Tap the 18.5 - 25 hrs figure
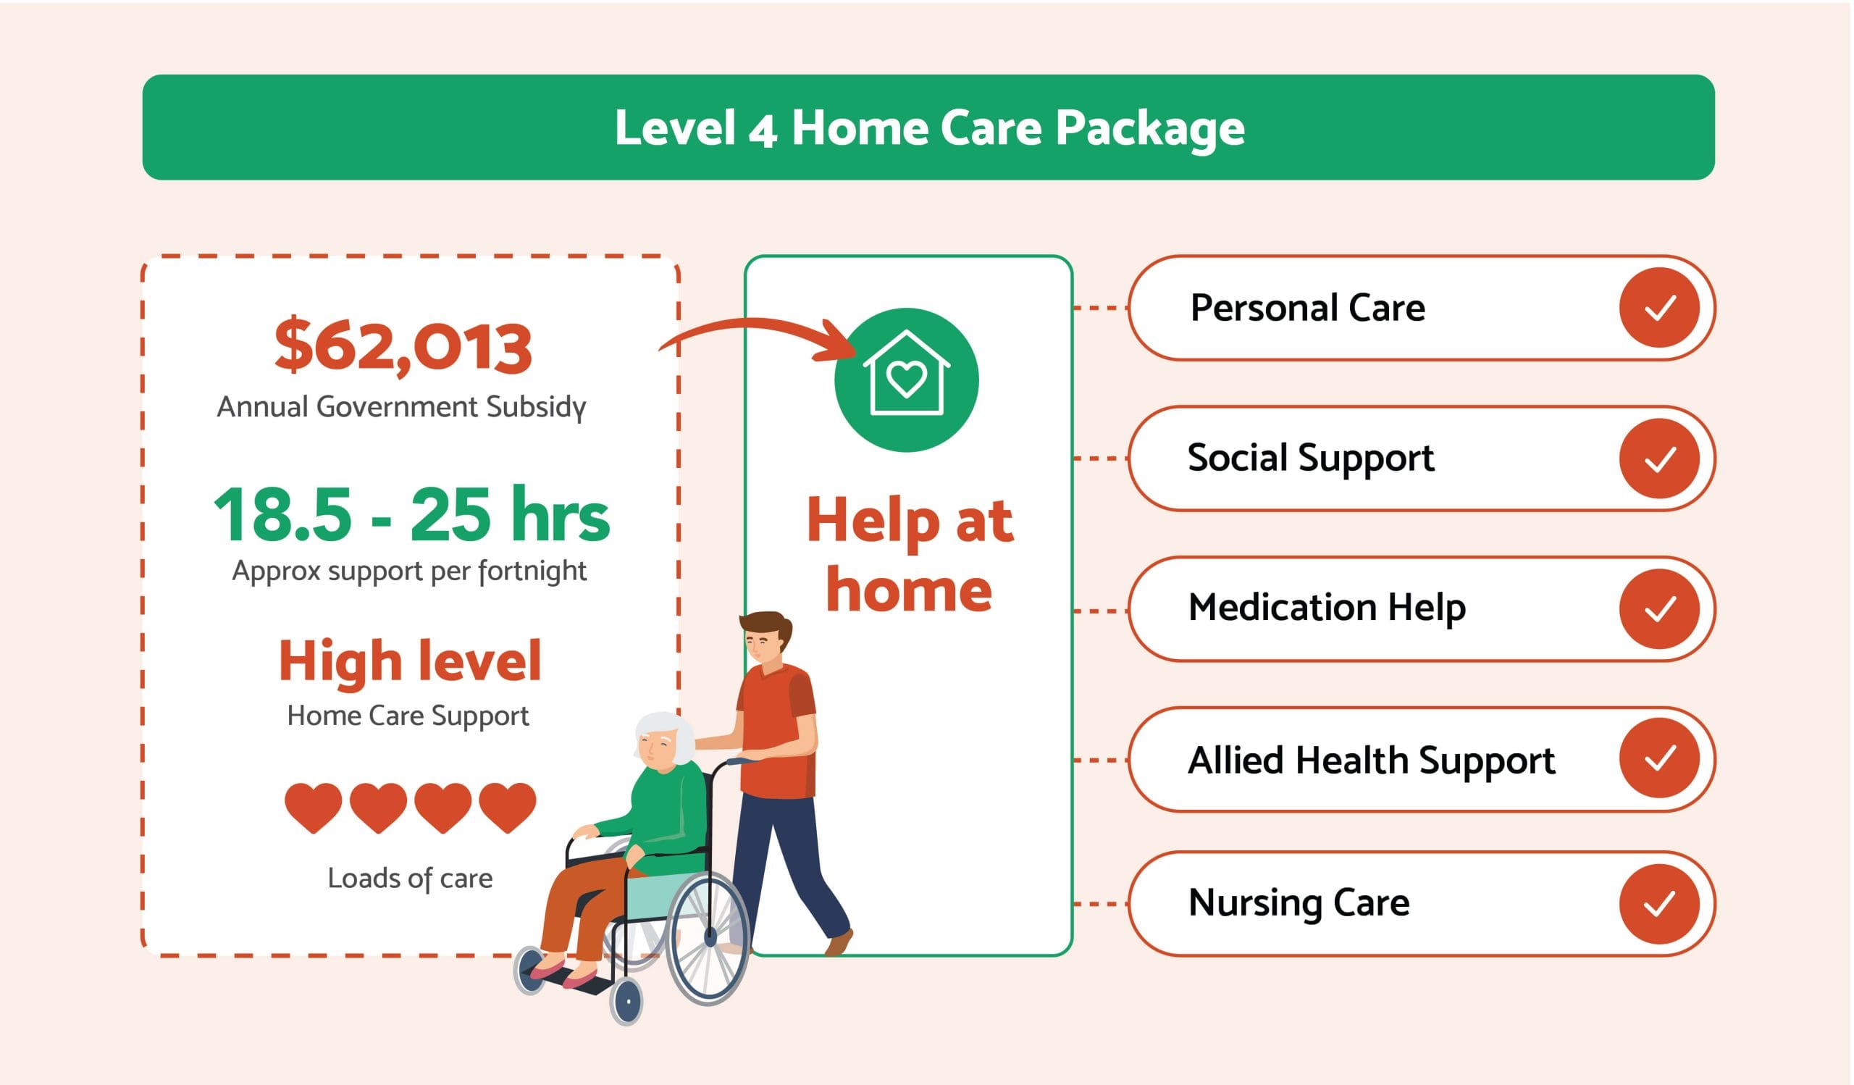point(411,515)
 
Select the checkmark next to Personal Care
point(1659,308)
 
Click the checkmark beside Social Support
point(1659,459)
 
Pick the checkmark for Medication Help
point(1659,609)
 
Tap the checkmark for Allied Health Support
point(1659,758)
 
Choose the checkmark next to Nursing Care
point(1659,905)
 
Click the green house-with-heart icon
point(907,380)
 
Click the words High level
point(410,661)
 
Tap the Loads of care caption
point(410,879)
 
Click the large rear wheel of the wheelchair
point(708,938)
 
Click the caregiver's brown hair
point(767,625)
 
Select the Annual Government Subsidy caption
point(402,407)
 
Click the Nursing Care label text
point(1299,903)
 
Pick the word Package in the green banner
point(1150,130)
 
